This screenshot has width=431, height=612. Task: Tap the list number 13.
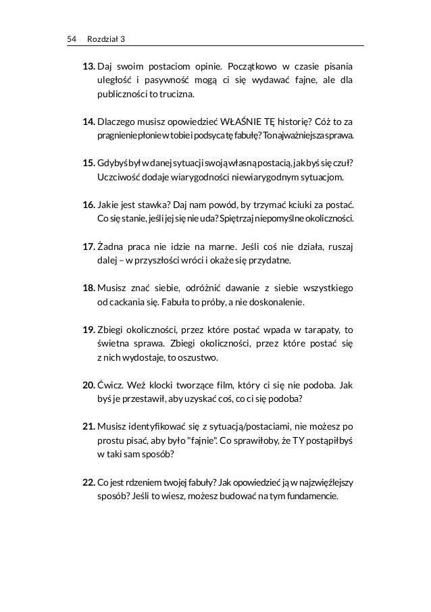pos(88,68)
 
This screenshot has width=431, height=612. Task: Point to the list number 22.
pos(88,484)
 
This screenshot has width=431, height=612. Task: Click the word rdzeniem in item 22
pos(149,484)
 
